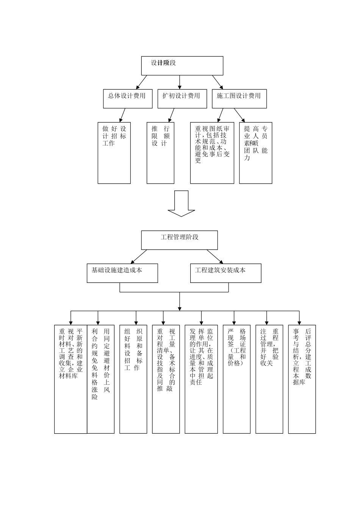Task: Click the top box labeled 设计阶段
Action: click(182, 66)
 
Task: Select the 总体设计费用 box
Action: click(128, 98)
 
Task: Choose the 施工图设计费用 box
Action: click(239, 98)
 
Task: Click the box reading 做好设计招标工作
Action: click(114, 153)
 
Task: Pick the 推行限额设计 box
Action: click(160, 153)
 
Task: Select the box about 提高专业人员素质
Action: click(255, 153)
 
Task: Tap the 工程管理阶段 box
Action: click(180, 240)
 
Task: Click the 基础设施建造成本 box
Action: click(122, 273)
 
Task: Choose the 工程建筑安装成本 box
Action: click(225, 273)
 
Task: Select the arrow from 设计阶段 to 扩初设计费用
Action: click(180, 82)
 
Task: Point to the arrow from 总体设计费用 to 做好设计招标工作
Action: click(122, 114)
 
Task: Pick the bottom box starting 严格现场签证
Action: click(236, 379)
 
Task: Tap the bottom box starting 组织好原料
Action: click(133, 379)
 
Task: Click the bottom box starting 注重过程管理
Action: click(269, 379)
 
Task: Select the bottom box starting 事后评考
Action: click(302, 379)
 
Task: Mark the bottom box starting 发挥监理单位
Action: click(201, 379)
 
